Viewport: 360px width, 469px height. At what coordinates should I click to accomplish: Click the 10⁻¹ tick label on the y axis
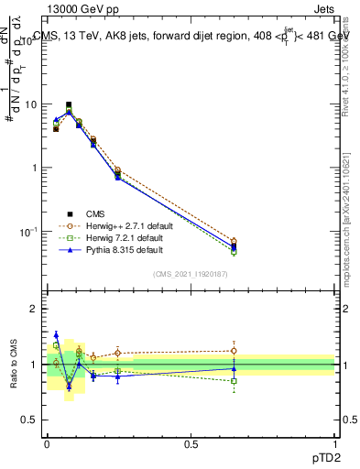point(30,231)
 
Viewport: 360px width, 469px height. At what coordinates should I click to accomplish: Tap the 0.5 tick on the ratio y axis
point(33,420)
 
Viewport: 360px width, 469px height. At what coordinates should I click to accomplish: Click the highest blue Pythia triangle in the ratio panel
point(56,334)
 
